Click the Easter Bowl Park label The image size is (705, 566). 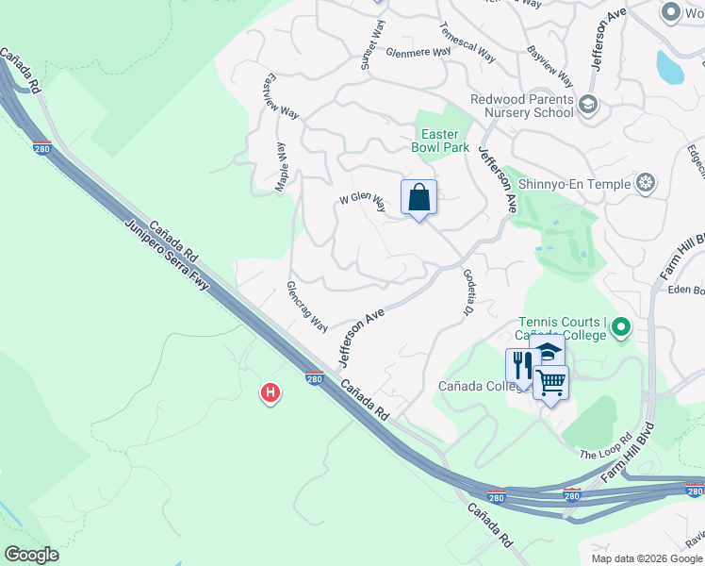(x=440, y=141)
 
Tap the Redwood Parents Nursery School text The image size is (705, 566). (x=522, y=106)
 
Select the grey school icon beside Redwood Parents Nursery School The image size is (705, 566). (x=589, y=103)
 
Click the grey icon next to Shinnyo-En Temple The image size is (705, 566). (x=646, y=182)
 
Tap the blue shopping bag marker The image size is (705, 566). (x=419, y=198)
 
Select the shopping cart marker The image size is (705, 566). (x=551, y=382)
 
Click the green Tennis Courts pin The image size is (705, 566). (x=620, y=328)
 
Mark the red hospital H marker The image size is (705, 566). (x=271, y=392)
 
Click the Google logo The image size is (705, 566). (x=31, y=555)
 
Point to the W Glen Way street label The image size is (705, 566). (x=363, y=202)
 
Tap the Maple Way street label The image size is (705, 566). (x=281, y=168)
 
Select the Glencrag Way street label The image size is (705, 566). (x=307, y=306)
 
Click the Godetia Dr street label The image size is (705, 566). (x=468, y=293)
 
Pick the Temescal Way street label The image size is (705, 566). (x=467, y=43)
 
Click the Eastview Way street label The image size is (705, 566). (x=282, y=95)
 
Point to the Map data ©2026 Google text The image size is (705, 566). (x=646, y=558)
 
